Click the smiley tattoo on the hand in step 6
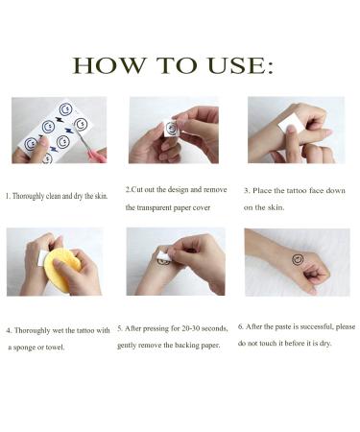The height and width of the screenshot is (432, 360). (298, 259)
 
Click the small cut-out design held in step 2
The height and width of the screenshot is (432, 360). (171, 129)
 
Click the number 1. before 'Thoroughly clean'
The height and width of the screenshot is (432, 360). (9, 196)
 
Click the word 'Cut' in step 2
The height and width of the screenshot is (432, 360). (142, 190)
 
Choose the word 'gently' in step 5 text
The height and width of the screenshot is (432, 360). (132, 344)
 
